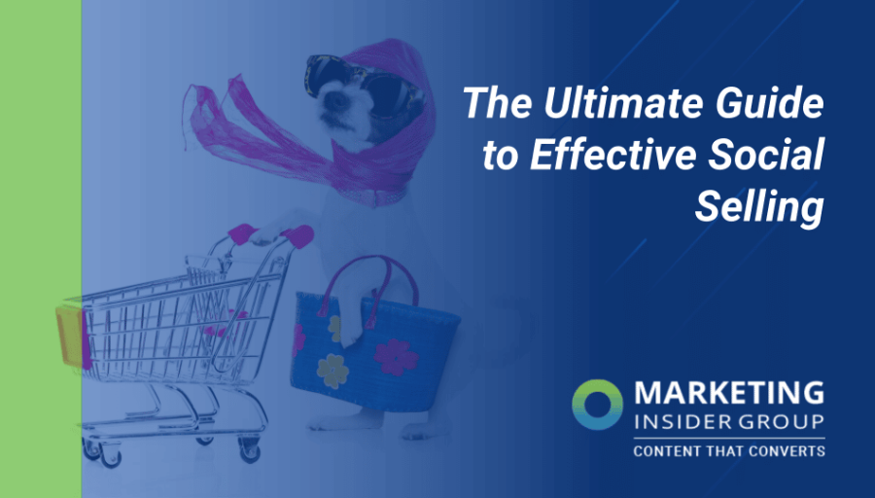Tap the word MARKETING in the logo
[728, 394]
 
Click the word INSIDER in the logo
[680, 424]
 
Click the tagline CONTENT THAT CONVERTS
[728, 451]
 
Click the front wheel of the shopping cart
[93, 448]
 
